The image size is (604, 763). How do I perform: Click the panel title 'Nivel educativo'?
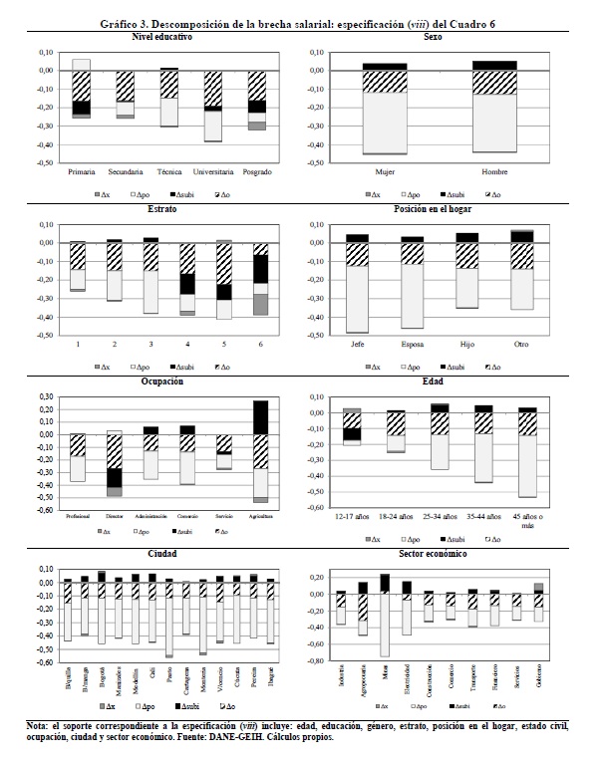161,36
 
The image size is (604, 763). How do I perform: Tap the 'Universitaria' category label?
212,171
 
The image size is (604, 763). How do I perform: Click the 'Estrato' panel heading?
161,209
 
